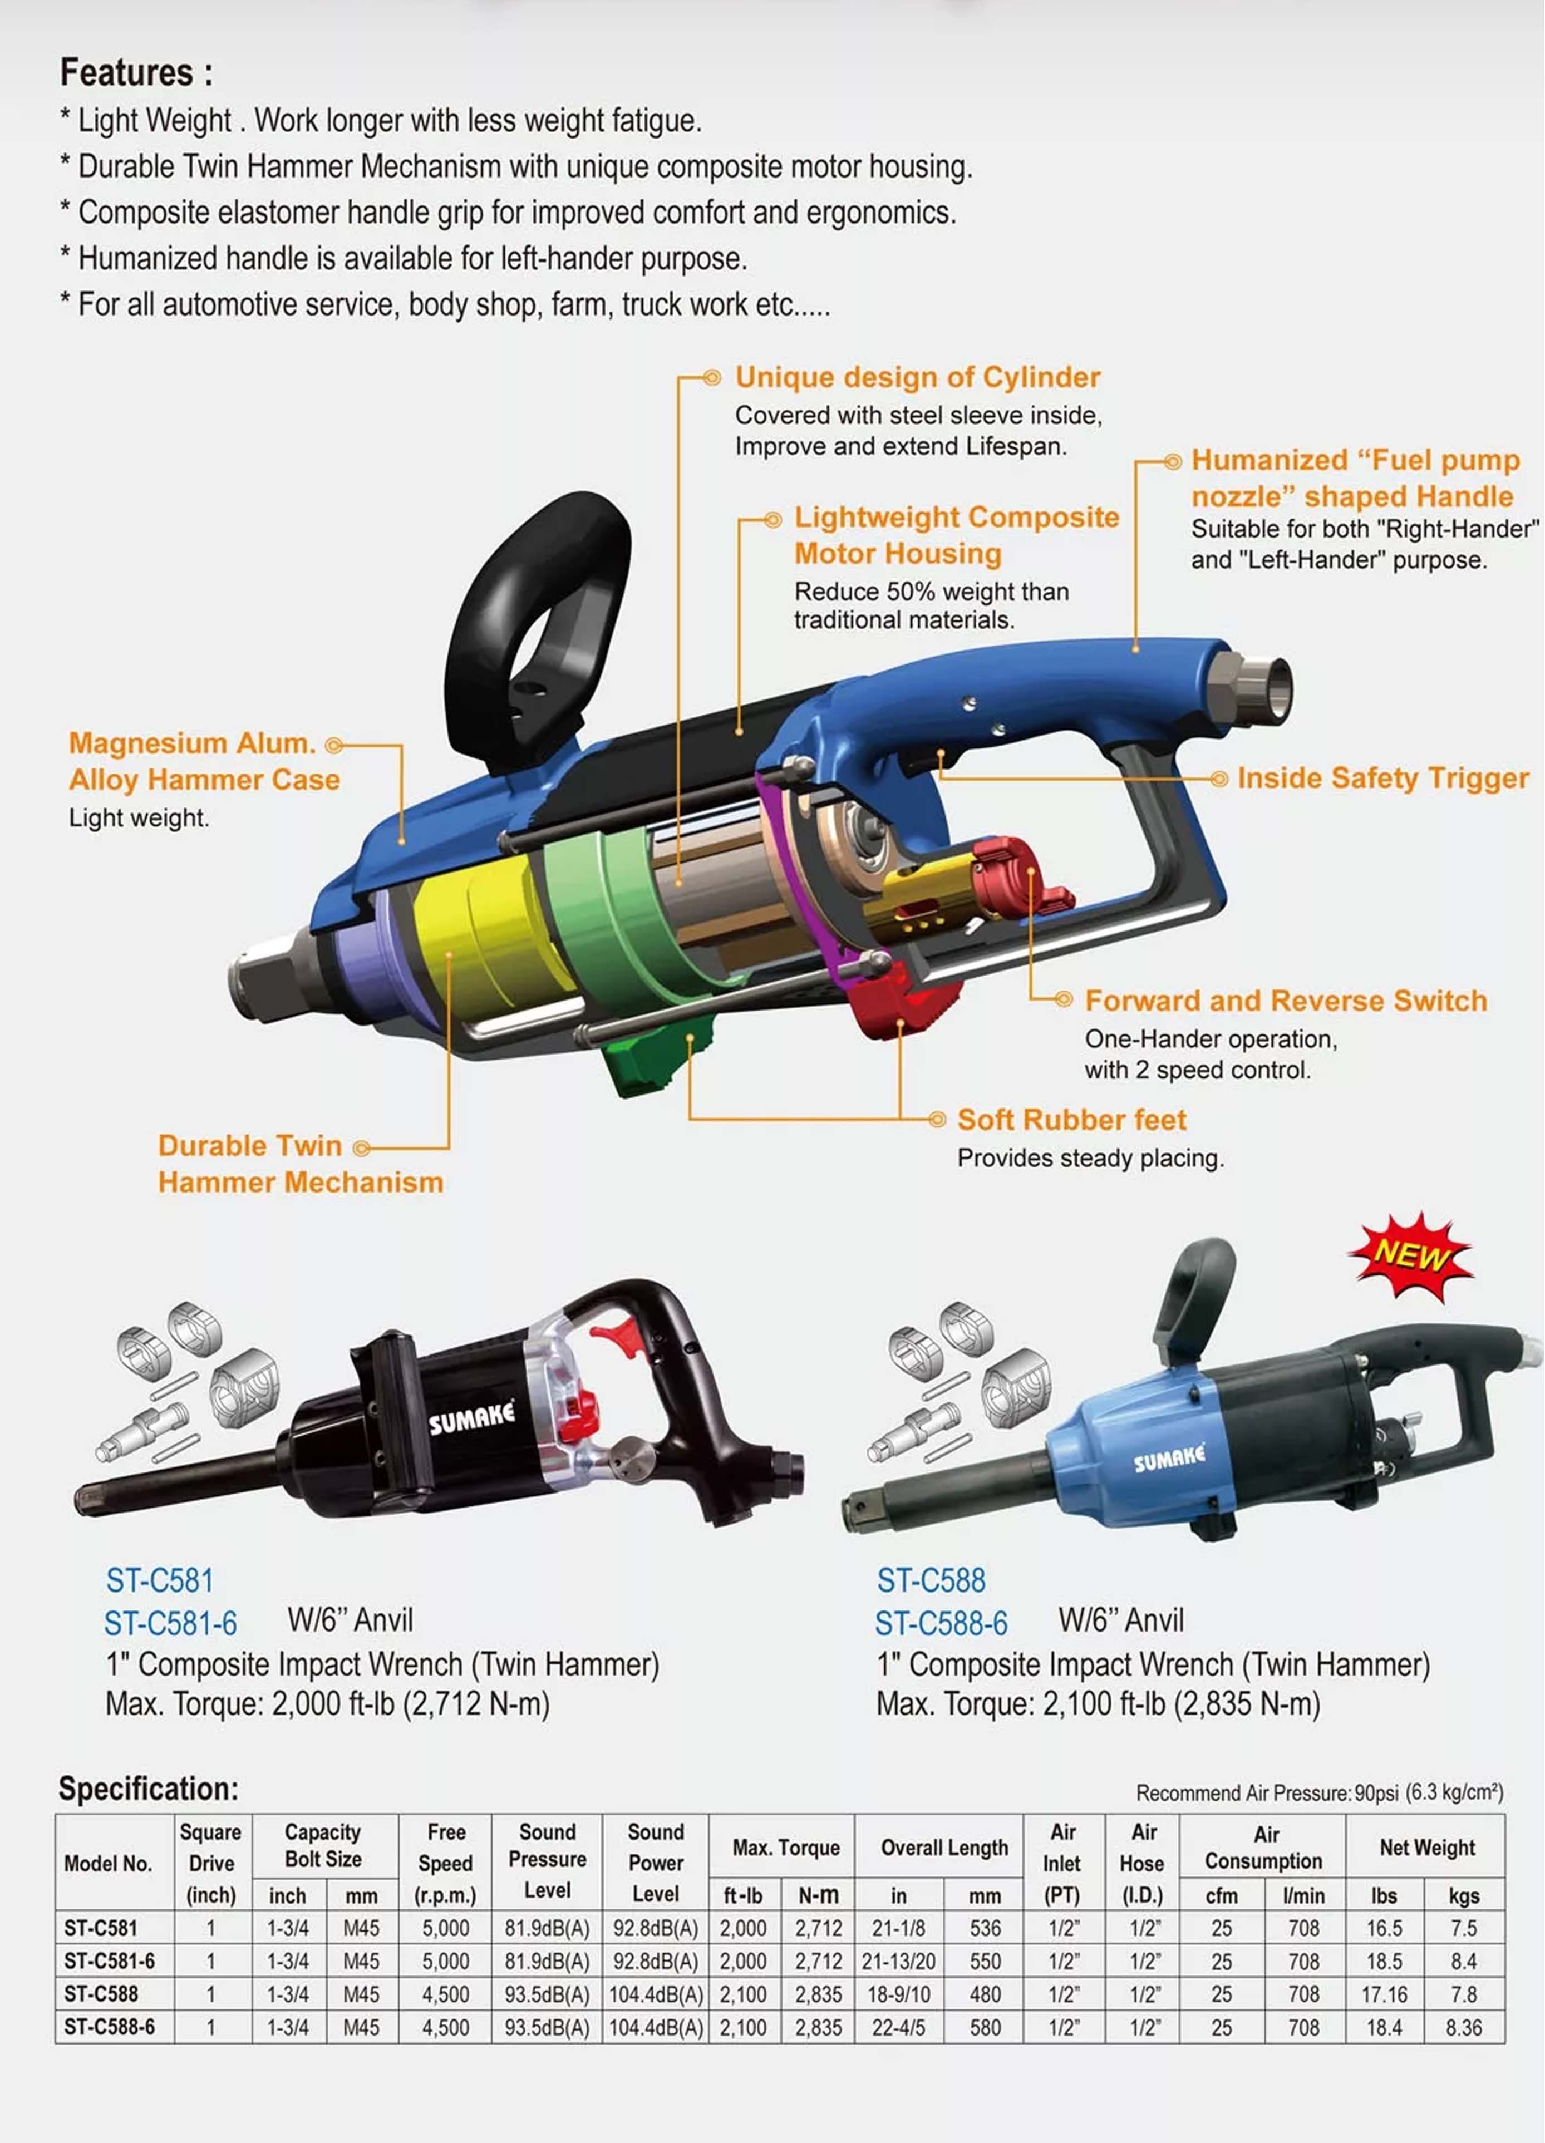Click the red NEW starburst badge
1410,1257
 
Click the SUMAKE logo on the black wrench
473,1417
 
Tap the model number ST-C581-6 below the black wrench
170,1623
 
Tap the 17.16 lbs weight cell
1384,1994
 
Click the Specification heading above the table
149,1789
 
